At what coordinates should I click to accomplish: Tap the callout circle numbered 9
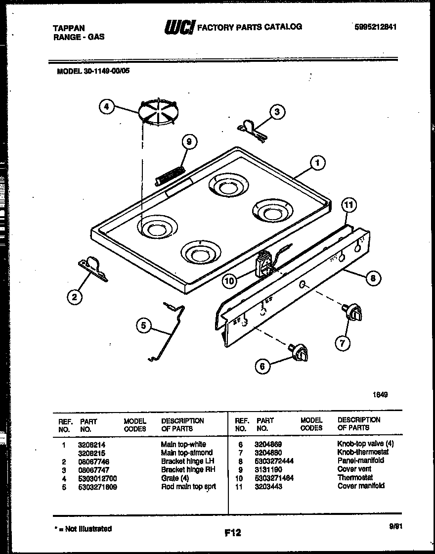tap(188, 142)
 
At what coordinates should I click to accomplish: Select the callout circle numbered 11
tap(349, 205)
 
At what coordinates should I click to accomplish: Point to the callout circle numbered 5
tap(144, 325)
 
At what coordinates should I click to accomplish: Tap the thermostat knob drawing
tap(352, 313)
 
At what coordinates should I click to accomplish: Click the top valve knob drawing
tap(299, 352)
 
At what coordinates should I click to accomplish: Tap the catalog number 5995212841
tap(376, 28)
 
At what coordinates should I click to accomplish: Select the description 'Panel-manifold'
tap(361, 460)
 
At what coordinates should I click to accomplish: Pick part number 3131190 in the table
tap(268, 469)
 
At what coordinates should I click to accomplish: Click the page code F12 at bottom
tap(232, 533)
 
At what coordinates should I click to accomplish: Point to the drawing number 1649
tap(380, 395)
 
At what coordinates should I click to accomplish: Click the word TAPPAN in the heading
tap(69, 28)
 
